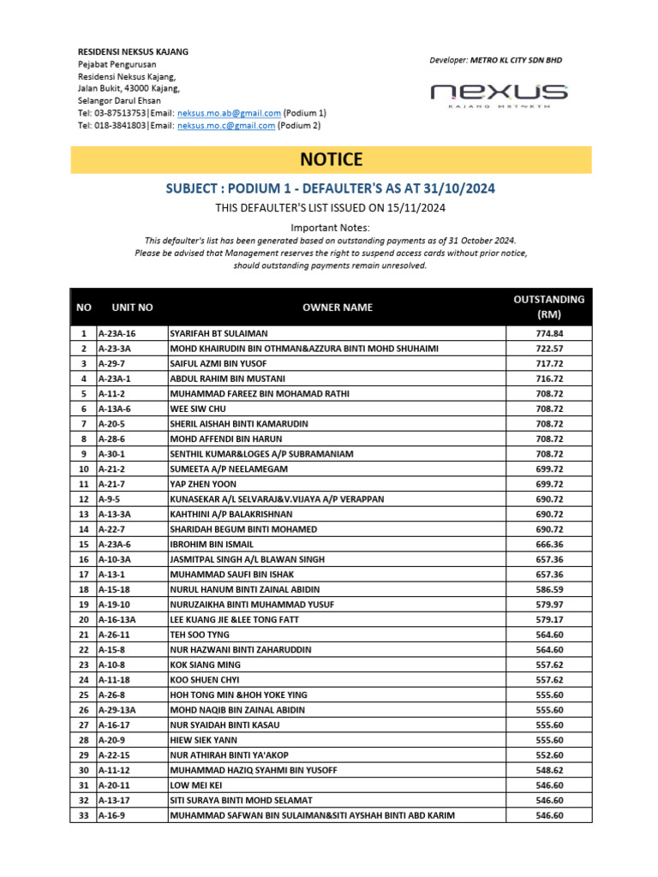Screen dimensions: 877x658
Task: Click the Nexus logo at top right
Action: (x=499, y=95)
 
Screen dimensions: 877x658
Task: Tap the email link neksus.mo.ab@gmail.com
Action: (x=229, y=113)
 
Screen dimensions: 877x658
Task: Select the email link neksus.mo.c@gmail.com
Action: (x=226, y=125)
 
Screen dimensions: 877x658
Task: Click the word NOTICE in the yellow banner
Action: (x=331, y=159)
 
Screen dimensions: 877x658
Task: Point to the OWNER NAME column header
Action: (x=338, y=307)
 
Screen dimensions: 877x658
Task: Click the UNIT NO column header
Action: (x=132, y=307)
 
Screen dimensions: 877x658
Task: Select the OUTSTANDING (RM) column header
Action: (x=548, y=307)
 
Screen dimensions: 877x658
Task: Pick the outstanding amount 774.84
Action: (x=548, y=333)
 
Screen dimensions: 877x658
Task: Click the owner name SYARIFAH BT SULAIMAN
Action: (x=218, y=333)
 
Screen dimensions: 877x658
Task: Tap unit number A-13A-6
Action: (x=116, y=409)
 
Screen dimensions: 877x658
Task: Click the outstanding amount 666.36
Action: (x=548, y=544)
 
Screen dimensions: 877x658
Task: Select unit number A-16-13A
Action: (x=117, y=619)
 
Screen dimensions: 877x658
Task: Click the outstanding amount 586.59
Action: (x=548, y=589)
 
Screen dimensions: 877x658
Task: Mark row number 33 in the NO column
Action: (x=83, y=815)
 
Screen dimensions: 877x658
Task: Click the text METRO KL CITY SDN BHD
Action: (x=516, y=61)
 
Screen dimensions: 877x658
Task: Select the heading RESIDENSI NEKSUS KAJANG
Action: (x=133, y=52)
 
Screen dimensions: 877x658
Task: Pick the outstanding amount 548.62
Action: (x=548, y=770)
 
